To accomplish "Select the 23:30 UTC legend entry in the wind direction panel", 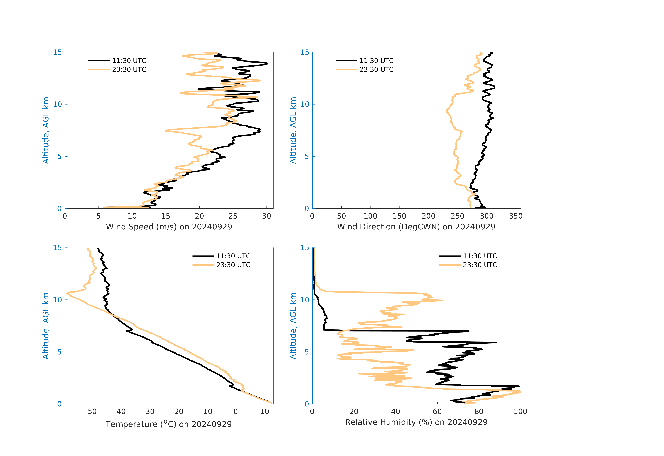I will point(376,69).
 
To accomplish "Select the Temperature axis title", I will point(169,424).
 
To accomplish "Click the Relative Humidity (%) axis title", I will point(416,422).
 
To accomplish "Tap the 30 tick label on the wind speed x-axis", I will point(267,216).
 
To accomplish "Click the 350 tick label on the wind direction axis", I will point(516,216).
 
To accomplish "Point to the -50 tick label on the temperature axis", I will point(91,412).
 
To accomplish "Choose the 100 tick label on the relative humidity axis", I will point(520,412).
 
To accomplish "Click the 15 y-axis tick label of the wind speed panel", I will point(57,52).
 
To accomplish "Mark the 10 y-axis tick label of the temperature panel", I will point(57,300).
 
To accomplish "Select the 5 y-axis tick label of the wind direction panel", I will point(307,156).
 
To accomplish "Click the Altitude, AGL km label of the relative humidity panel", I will point(293,326).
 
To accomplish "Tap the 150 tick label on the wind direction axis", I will point(399,216).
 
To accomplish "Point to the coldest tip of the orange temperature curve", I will point(67,293).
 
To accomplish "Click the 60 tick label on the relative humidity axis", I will point(437,412).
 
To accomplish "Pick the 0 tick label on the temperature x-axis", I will point(236,412).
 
